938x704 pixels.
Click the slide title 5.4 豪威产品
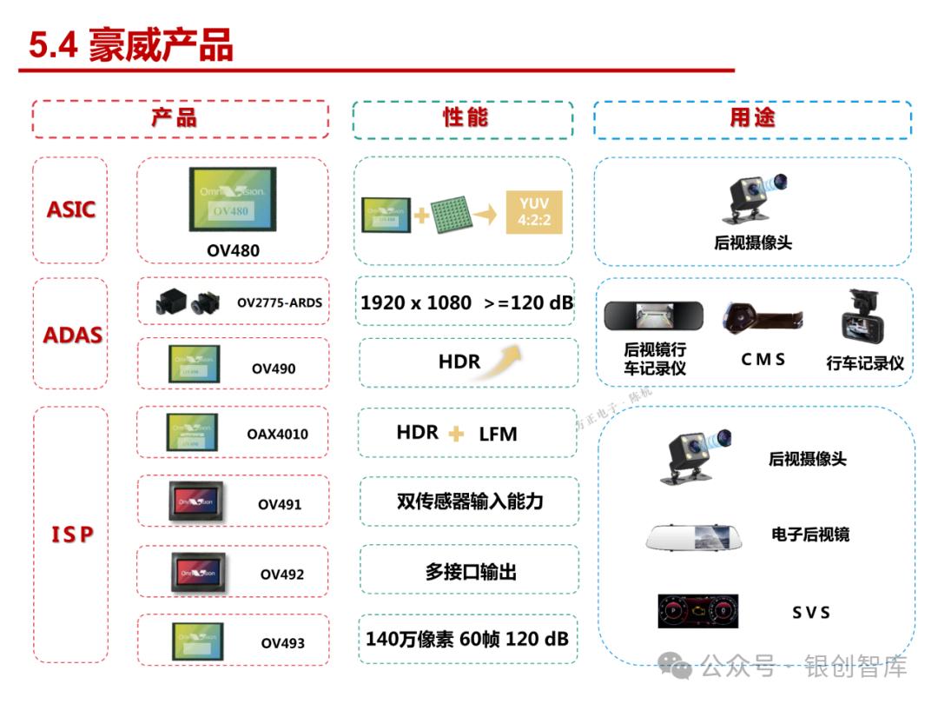(x=131, y=45)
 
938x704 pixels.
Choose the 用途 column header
(x=751, y=118)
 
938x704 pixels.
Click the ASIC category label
(x=71, y=209)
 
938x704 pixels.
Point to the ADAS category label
(x=73, y=335)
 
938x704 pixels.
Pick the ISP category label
(x=71, y=534)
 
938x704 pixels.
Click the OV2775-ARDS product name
(x=279, y=302)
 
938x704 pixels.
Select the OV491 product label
(x=280, y=504)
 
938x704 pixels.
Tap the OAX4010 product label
(x=277, y=434)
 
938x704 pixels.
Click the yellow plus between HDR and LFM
(x=456, y=434)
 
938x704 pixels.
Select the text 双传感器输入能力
(x=469, y=501)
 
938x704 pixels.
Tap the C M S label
(x=763, y=359)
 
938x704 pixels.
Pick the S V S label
(x=810, y=613)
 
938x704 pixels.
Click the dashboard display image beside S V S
(x=697, y=611)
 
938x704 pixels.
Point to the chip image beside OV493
(x=197, y=641)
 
